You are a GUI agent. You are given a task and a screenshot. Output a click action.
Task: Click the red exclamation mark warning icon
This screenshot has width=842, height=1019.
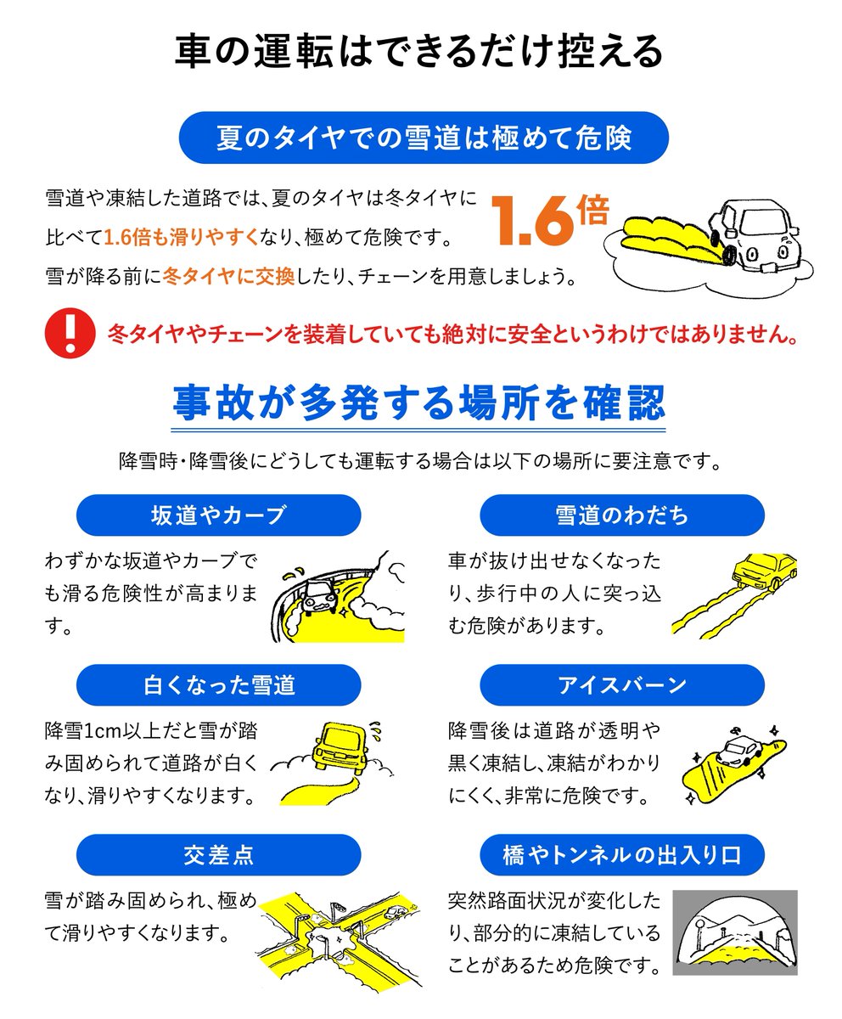pyautogui.click(x=70, y=334)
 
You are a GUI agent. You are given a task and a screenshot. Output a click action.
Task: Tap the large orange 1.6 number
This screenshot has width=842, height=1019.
pyautogui.click(x=531, y=221)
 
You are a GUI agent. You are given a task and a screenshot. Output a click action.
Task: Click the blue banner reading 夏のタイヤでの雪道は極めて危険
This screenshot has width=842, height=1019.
pyautogui.click(x=424, y=138)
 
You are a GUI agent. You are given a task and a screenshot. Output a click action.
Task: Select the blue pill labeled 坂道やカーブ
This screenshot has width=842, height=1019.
pyautogui.click(x=218, y=515)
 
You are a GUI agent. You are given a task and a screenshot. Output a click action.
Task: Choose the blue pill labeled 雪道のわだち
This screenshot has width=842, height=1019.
pyautogui.click(x=622, y=515)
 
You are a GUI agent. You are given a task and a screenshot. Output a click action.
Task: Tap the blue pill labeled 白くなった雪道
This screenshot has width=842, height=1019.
pyautogui.click(x=218, y=685)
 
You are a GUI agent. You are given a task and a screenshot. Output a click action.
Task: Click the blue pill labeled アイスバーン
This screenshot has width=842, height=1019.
pyautogui.click(x=622, y=685)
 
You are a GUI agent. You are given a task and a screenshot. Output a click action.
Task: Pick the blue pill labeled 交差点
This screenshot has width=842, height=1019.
pyautogui.click(x=218, y=855)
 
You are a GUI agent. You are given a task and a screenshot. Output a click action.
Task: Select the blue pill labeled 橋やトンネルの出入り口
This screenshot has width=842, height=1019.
pyautogui.click(x=622, y=855)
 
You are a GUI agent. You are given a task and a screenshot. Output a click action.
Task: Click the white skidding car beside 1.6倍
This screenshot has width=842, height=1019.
pyautogui.click(x=754, y=234)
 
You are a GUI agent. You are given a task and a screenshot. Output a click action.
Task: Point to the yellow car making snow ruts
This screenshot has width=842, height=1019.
pyautogui.click(x=763, y=571)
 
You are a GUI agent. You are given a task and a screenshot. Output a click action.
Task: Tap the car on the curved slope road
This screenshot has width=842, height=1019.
pyautogui.click(x=319, y=596)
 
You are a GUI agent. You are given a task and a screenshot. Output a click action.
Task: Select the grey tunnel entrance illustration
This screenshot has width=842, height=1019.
pyautogui.click(x=735, y=932)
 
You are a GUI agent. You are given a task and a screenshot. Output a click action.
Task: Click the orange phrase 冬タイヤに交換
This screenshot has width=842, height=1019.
pyautogui.click(x=228, y=276)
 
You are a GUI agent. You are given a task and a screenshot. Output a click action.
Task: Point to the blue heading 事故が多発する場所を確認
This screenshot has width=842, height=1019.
pyautogui.click(x=419, y=403)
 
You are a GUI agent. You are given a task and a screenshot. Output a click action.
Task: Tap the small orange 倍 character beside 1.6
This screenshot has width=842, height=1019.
pyautogui.click(x=592, y=210)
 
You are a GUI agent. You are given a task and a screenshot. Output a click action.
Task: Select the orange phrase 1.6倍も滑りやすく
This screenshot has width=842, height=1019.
pyautogui.click(x=181, y=237)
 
